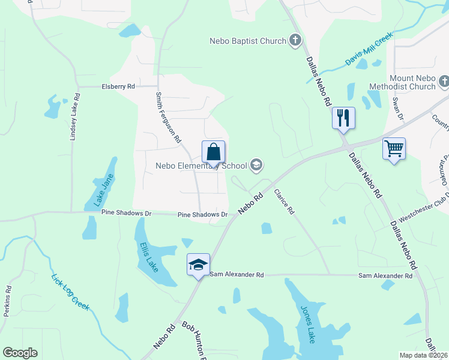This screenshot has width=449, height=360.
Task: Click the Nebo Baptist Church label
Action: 247,41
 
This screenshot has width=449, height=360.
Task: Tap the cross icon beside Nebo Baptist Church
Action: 295,40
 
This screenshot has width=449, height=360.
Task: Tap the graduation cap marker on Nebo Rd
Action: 198,265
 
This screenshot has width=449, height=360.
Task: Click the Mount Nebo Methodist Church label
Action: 403,83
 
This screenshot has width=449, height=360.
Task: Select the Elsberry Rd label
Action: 118,86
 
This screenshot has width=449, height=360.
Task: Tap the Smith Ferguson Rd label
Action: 168,117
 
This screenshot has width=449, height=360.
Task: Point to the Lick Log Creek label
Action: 70,292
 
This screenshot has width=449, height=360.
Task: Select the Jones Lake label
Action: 307,323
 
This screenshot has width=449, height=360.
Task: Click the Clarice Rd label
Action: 284,202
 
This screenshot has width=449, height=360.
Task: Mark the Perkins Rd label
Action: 8,298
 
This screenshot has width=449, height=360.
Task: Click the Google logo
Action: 20,353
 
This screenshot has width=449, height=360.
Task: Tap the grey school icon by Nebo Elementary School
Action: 256,165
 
